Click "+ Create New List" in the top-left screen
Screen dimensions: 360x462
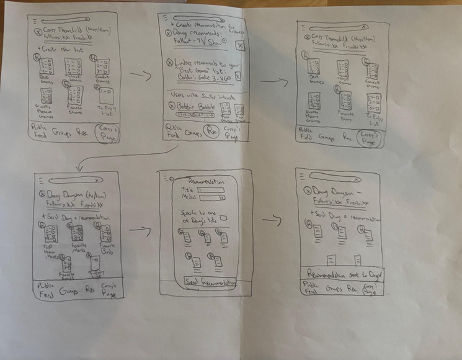coord(62,48)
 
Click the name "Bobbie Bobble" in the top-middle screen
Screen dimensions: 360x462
coord(193,106)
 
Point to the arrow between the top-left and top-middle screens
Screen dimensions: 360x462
coord(141,77)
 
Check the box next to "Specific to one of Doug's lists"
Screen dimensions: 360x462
coord(223,217)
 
